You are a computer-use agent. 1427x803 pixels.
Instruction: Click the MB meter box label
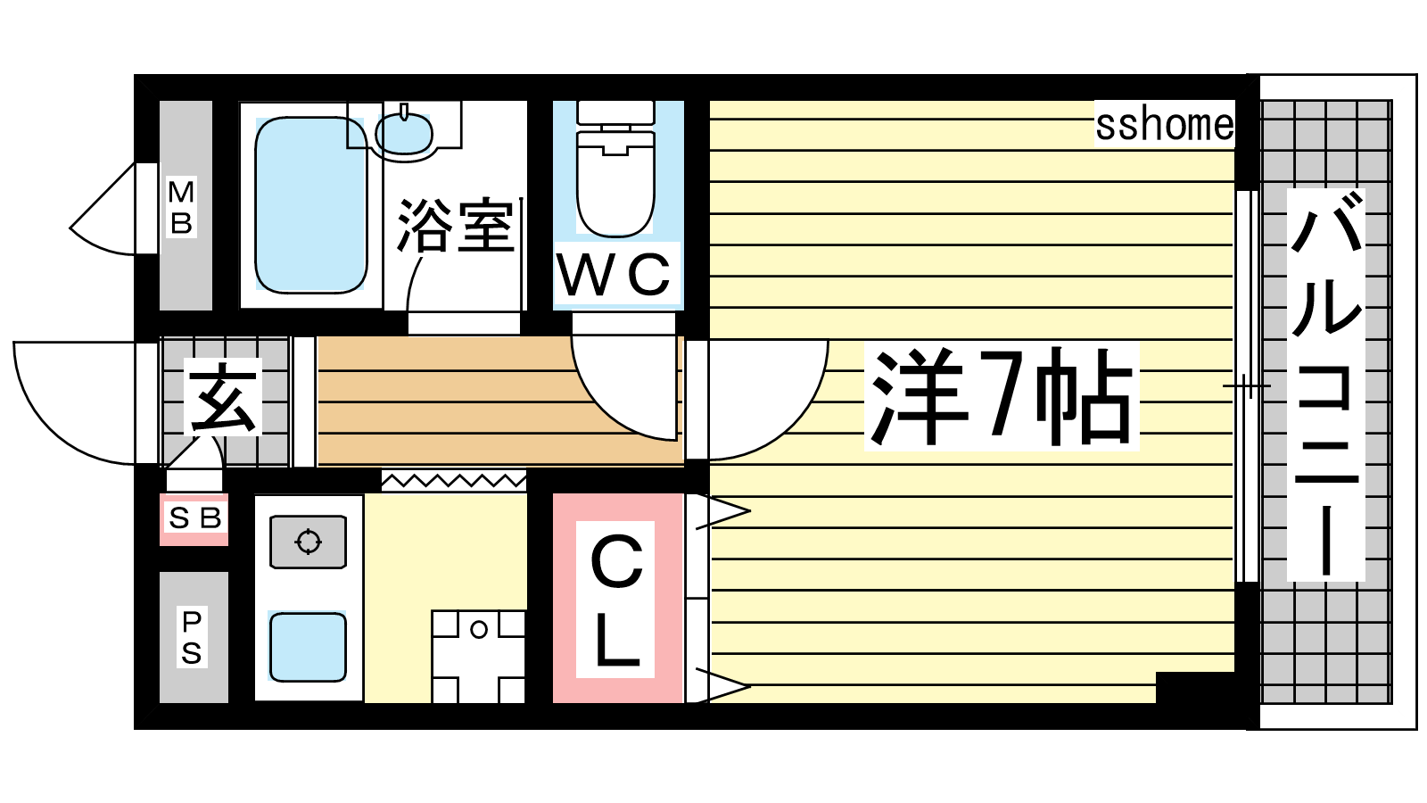182,207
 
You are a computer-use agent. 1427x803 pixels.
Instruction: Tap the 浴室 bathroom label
455,226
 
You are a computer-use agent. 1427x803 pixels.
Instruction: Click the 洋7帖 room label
1002,396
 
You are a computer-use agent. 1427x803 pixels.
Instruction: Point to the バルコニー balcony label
1325,385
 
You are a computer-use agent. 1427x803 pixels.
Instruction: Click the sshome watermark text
1164,125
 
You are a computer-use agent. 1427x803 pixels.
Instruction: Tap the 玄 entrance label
223,397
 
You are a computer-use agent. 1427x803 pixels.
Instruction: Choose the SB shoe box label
194,518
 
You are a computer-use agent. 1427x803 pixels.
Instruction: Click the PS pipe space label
192,637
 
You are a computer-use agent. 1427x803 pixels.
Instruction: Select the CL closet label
615,600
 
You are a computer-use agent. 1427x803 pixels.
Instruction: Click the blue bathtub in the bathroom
311,205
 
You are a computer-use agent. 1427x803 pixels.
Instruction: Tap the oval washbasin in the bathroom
404,133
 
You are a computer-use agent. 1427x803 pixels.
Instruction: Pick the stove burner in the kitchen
309,542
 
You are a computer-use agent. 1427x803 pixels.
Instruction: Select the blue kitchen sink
308,647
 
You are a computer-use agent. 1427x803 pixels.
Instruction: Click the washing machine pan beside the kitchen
478,657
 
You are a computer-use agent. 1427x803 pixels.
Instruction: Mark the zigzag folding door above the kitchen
454,481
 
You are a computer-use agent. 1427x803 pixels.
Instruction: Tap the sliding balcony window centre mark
1247,385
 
